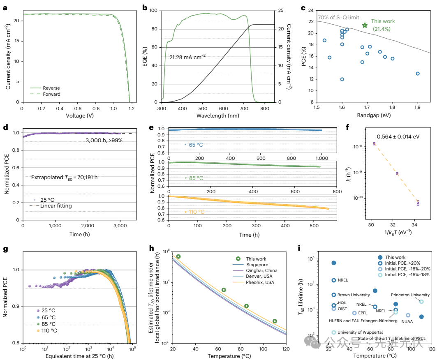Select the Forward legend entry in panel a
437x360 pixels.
point(52,94)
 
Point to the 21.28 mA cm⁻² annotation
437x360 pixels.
point(188,56)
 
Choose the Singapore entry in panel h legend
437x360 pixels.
point(258,265)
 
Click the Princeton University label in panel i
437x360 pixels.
point(410,295)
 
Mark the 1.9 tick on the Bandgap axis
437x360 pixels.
point(418,108)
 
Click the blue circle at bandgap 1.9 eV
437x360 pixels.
point(418,74)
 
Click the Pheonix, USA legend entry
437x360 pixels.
point(260,282)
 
